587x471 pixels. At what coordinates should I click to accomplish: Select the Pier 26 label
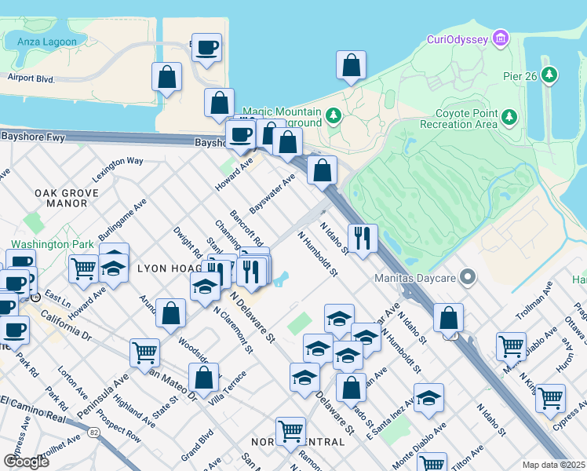[523, 76]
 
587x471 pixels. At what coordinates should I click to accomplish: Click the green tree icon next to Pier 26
[552, 75]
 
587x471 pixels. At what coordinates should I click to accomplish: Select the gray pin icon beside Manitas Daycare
[469, 276]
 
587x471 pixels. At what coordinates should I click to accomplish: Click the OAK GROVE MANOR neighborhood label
[66, 198]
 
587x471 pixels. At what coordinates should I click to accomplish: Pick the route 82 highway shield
[95, 432]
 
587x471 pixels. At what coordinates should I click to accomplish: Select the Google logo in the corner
[27, 461]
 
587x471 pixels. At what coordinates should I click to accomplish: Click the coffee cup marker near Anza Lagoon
[207, 49]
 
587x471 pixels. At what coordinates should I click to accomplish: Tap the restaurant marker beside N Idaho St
[362, 239]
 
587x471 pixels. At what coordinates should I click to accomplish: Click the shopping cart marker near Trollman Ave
[511, 345]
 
